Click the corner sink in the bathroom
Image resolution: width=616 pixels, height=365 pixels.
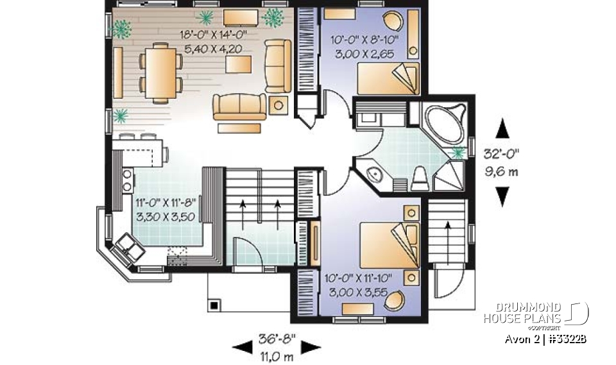click(x=372, y=173)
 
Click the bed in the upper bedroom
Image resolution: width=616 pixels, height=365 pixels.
click(x=388, y=80)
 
